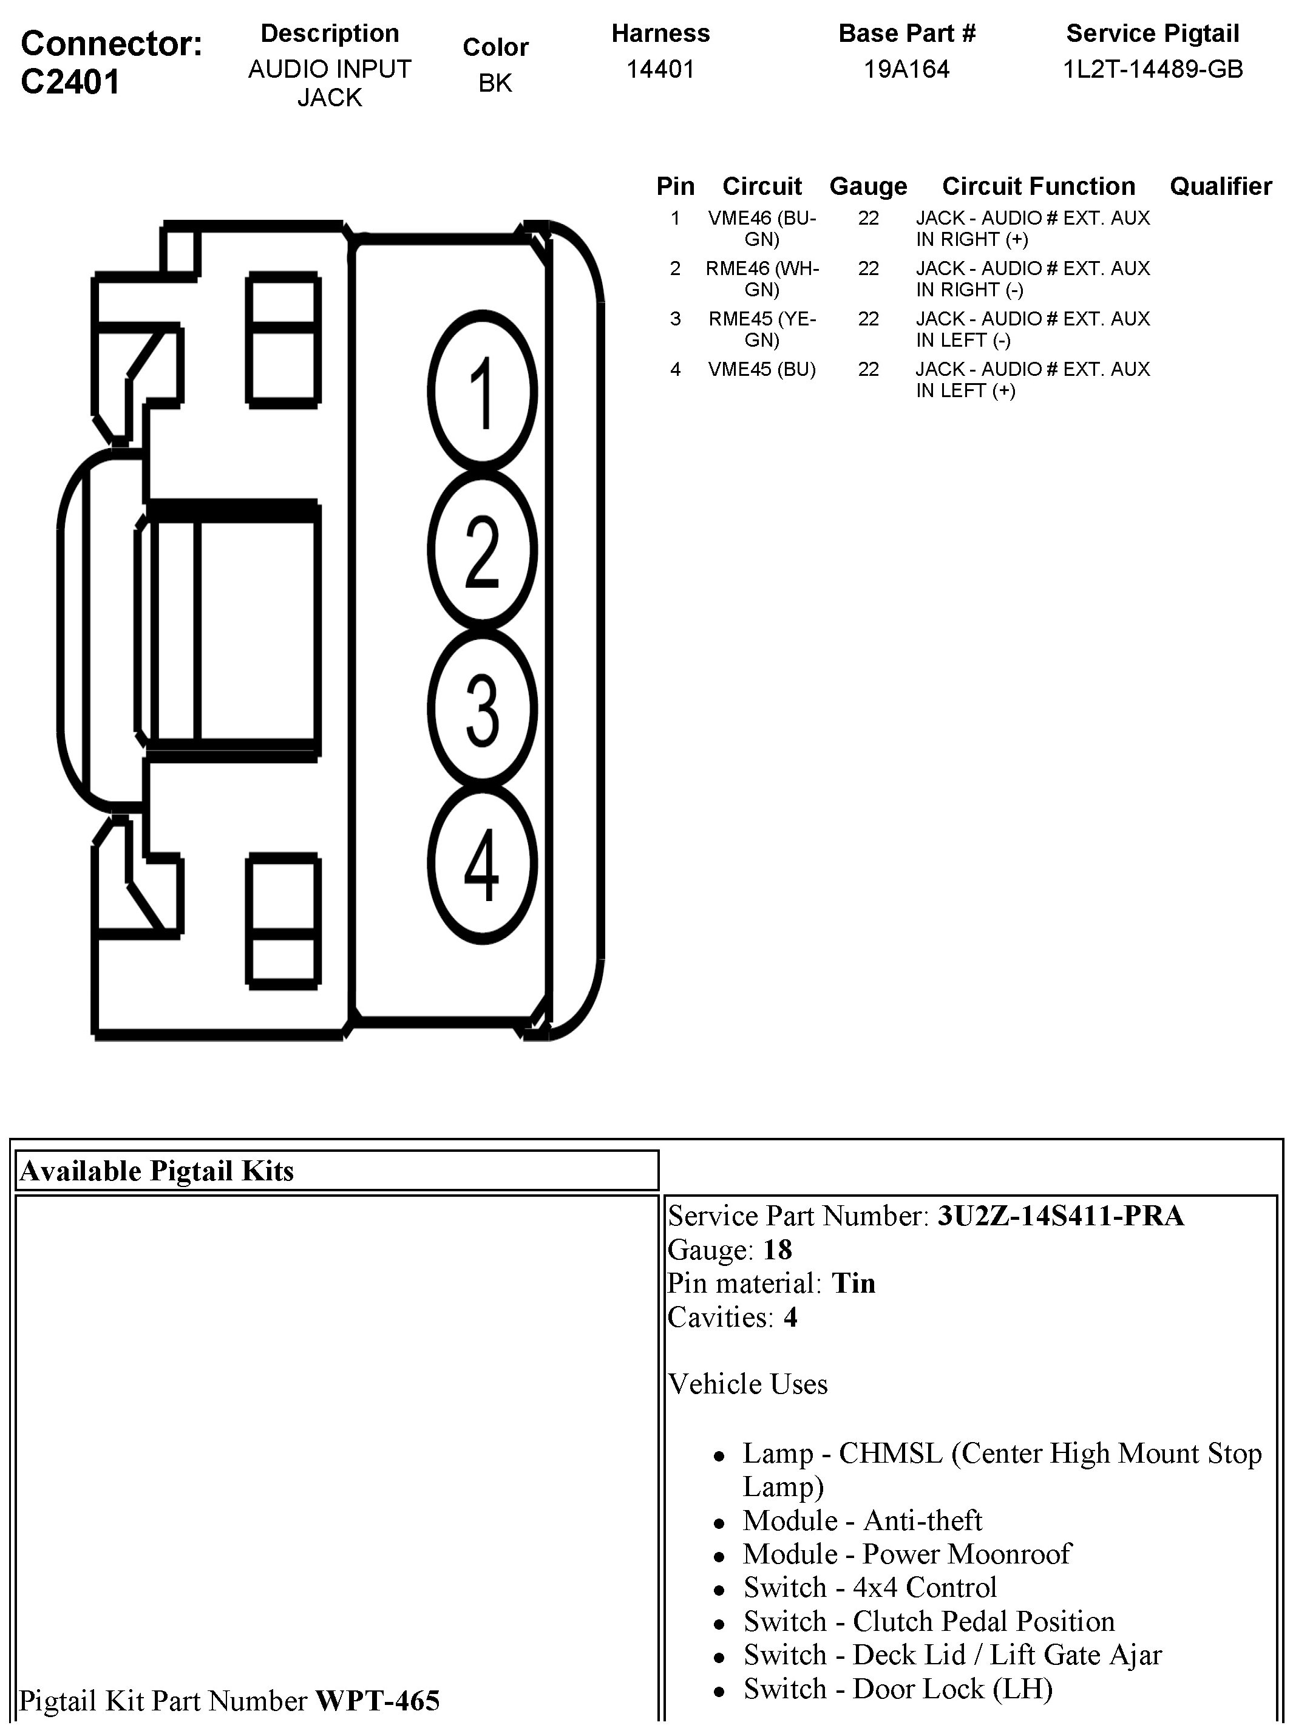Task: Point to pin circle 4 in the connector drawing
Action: click(x=483, y=863)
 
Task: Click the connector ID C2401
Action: click(x=70, y=81)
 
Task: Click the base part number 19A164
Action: click(x=906, y=69)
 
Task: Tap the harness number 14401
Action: click(x=660, y=69)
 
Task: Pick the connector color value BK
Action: click(x=495, y=83)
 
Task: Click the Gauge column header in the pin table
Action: click(x=868, y=186)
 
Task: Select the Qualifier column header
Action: click(x=1221, y=186)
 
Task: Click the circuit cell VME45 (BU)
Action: click(x=762, y=369)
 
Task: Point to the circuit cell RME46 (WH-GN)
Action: click(x=762, y=279)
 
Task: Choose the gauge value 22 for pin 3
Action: click(x=868, y=319)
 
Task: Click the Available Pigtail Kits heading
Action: click(x=157, y=1171)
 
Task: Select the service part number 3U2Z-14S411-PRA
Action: click(x=1061, y=1216)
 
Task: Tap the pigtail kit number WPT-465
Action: click(x=378, y=1700)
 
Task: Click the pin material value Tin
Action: click(x=853, y=1283)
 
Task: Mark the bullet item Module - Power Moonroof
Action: click(x=907, y=1553)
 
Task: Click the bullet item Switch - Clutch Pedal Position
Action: click(x=929, y=1621)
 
